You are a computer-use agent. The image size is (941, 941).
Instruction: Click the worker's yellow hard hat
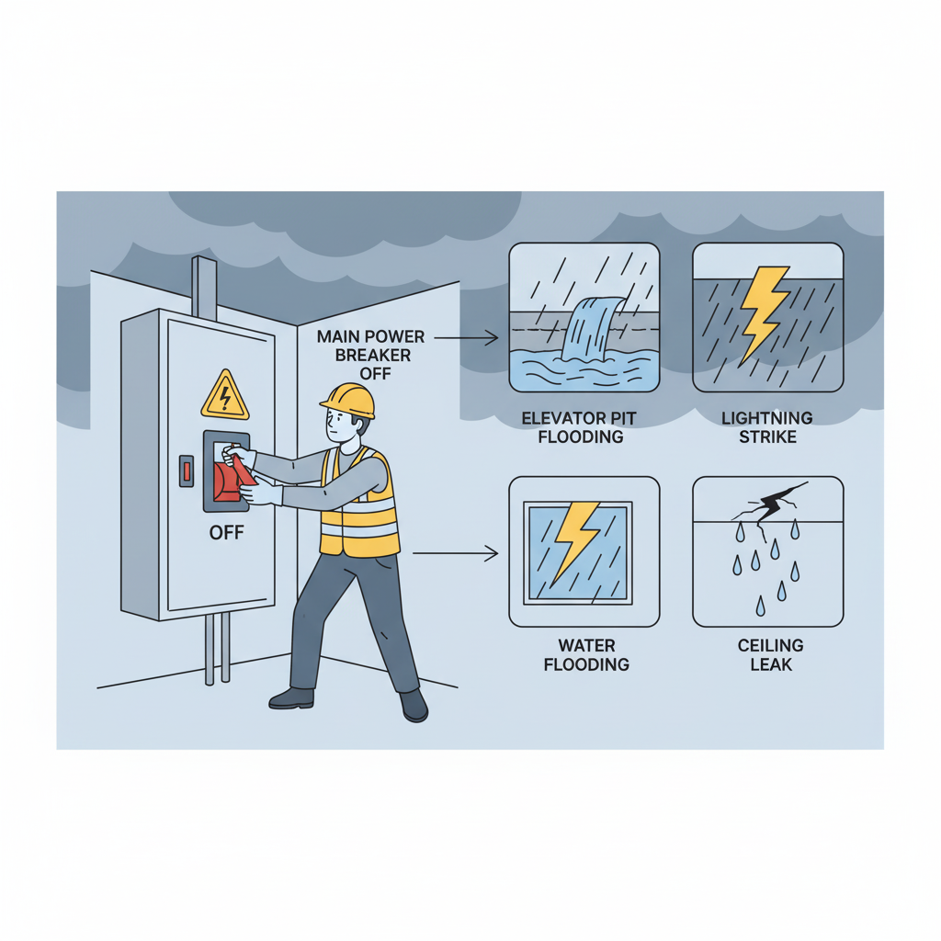click(348, 401)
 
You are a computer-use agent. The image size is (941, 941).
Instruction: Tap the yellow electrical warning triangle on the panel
click(225, 395)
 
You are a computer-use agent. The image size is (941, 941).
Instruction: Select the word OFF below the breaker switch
click(226, 532)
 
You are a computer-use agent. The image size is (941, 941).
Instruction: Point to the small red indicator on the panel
click(187, 471)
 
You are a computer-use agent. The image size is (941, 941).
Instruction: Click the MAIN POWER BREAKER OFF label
click(371, 356)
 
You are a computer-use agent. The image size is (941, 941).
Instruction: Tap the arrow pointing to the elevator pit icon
click(466, 338)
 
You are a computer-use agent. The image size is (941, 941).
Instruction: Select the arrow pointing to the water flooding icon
click(456, 553)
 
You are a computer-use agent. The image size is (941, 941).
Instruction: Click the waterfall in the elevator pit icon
click(591, 328)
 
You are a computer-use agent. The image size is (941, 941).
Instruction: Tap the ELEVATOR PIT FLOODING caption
click(580, 427)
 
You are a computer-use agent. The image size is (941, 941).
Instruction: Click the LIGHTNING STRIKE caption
click(767, 427)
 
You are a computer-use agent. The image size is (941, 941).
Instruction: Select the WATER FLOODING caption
click(586, 654)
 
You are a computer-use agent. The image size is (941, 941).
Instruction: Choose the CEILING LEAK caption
click(771, 654)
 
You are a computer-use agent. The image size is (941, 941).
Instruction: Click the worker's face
click(339, 426)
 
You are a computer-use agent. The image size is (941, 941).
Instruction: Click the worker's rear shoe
click(292, 698)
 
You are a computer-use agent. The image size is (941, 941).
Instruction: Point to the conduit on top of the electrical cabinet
click(204, 288)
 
